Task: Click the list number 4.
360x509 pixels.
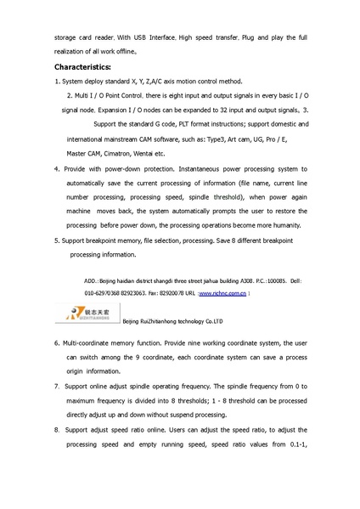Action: (x=55, y=169)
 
